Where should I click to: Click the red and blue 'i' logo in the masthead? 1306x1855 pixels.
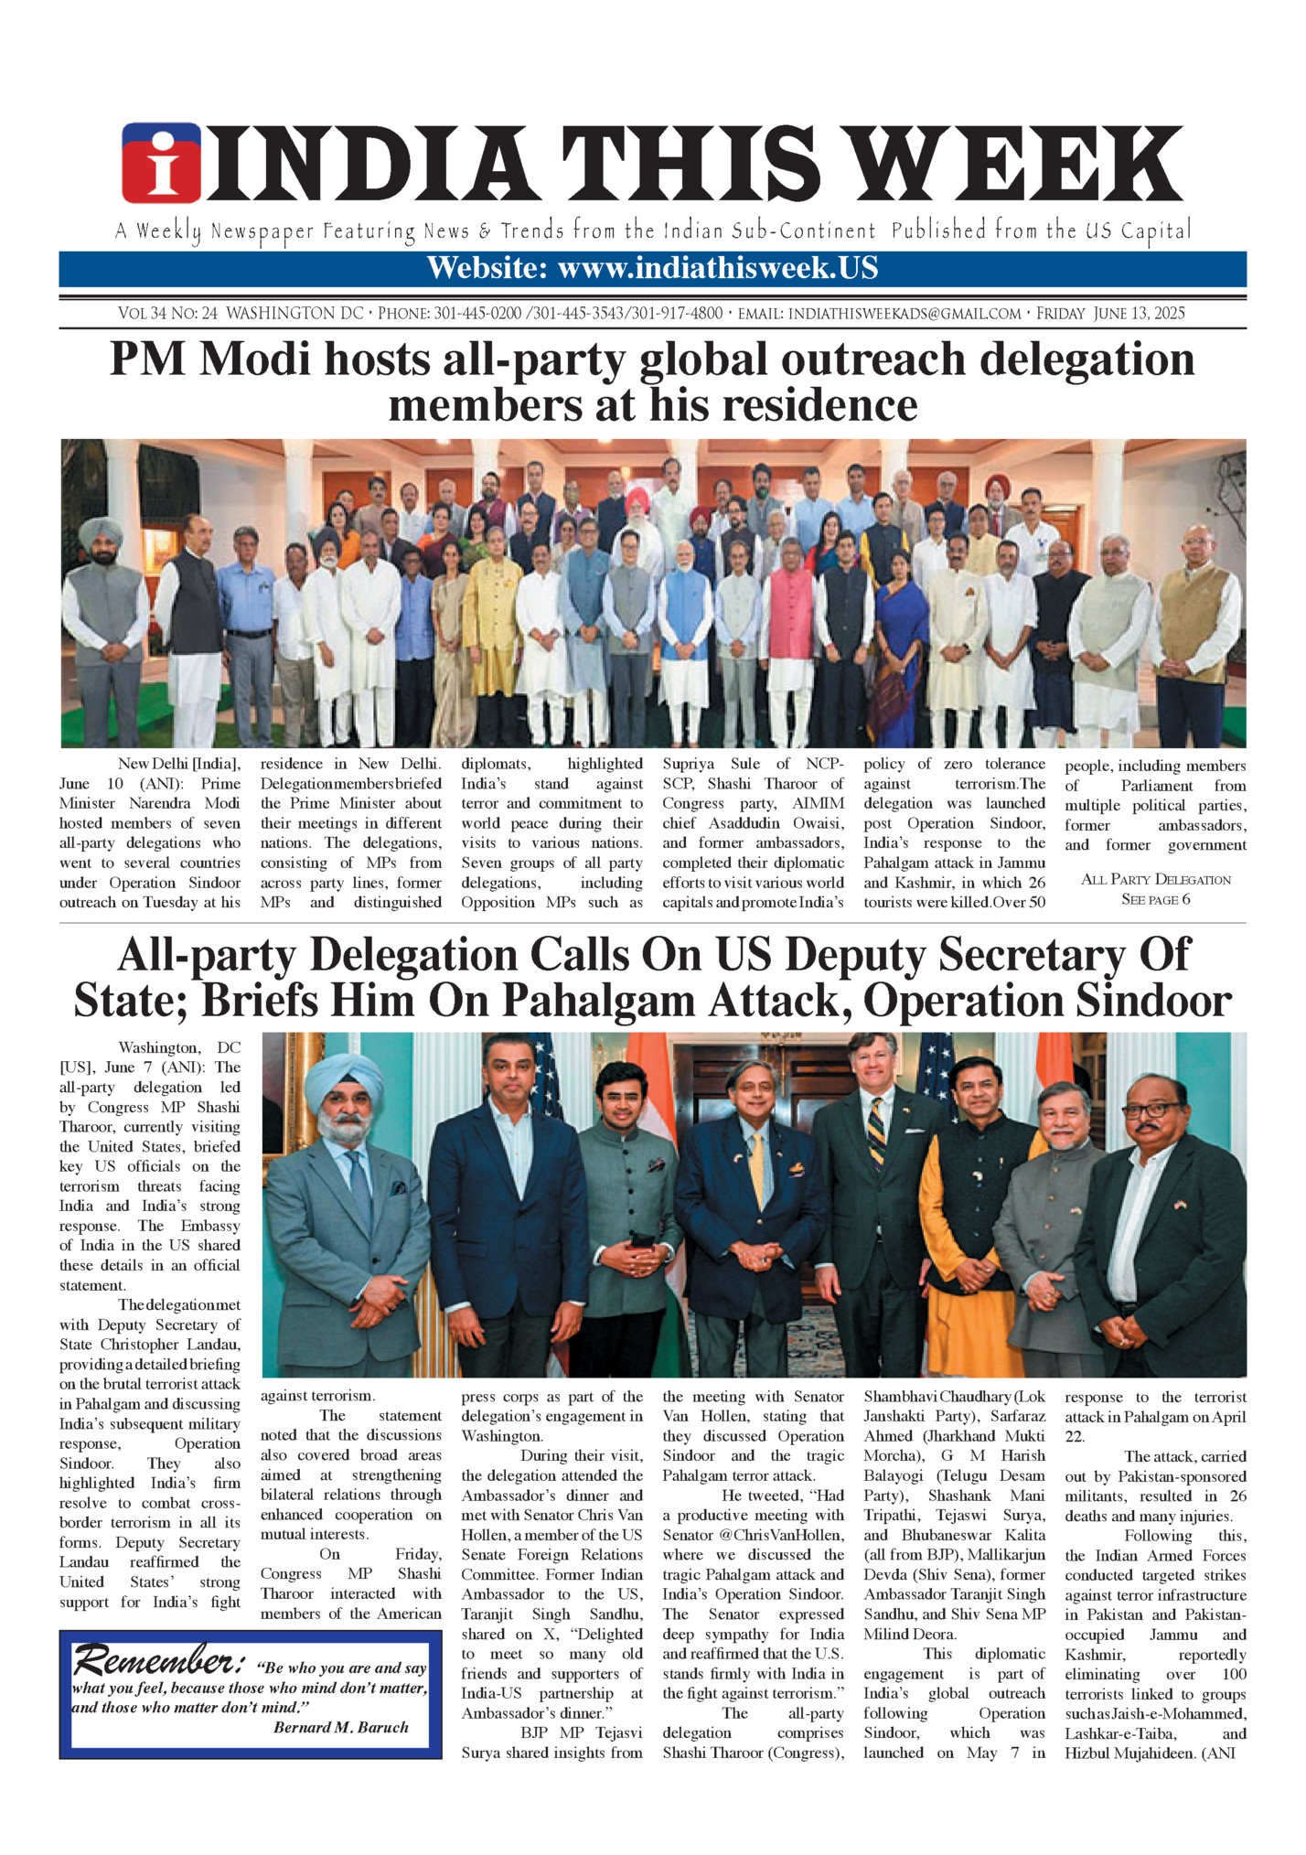(x=161, y=163)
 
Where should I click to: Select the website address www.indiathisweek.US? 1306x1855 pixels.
(x=718, y=269)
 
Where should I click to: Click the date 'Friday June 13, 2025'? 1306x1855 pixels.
(x=1110, y=314)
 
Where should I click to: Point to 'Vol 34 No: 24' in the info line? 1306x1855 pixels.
(x=167, y=314)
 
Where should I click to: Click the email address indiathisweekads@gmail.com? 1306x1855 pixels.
(x=904, y=314)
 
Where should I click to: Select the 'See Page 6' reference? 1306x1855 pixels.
(x=1155, y=899)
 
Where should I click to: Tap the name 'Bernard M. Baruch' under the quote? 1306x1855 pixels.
(x=340, y=1727)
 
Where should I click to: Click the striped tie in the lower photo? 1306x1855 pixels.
(x=876, y=1131)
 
